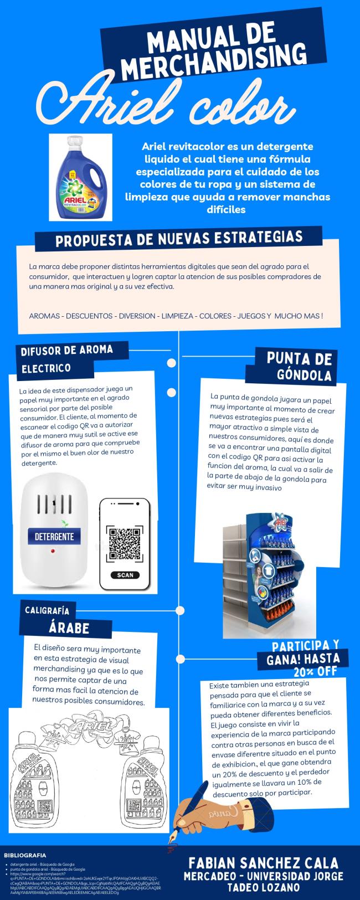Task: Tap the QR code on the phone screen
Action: [125, 544]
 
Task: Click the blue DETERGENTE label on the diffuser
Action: [54, 536]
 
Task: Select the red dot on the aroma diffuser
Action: [53, 552]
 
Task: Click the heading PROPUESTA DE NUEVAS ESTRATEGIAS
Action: [179, 239]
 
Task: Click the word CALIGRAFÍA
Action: [47, 610]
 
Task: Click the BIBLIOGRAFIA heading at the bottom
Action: [25, 855]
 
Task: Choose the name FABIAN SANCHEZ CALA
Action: [263, 863]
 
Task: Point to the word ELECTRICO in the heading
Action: [47, 368]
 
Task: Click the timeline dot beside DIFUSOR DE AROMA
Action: [172, 363]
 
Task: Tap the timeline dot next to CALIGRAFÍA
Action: [179, 610]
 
